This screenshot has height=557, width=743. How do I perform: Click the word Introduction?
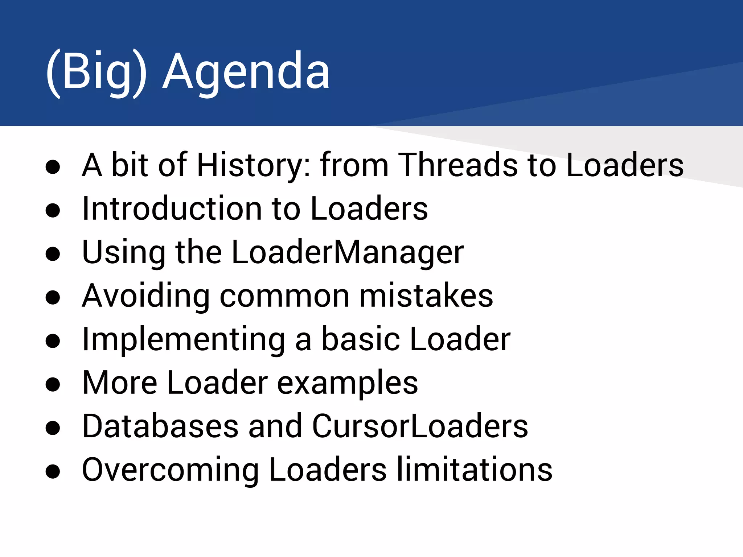[172, 209]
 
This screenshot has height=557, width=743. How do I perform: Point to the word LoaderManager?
[347, 252]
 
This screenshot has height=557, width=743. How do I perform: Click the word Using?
[123, 252]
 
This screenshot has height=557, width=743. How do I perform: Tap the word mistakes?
[426, 296]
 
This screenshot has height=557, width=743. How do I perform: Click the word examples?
[347, 384]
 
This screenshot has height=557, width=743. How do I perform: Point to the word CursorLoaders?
[420, 426]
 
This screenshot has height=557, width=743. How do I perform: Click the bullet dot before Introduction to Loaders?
[53, 210]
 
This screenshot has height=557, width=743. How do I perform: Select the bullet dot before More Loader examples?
[53, 384]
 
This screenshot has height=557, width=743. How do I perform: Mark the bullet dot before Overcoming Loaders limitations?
[53, 471]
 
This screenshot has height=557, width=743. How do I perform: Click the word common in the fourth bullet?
[284, 296]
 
